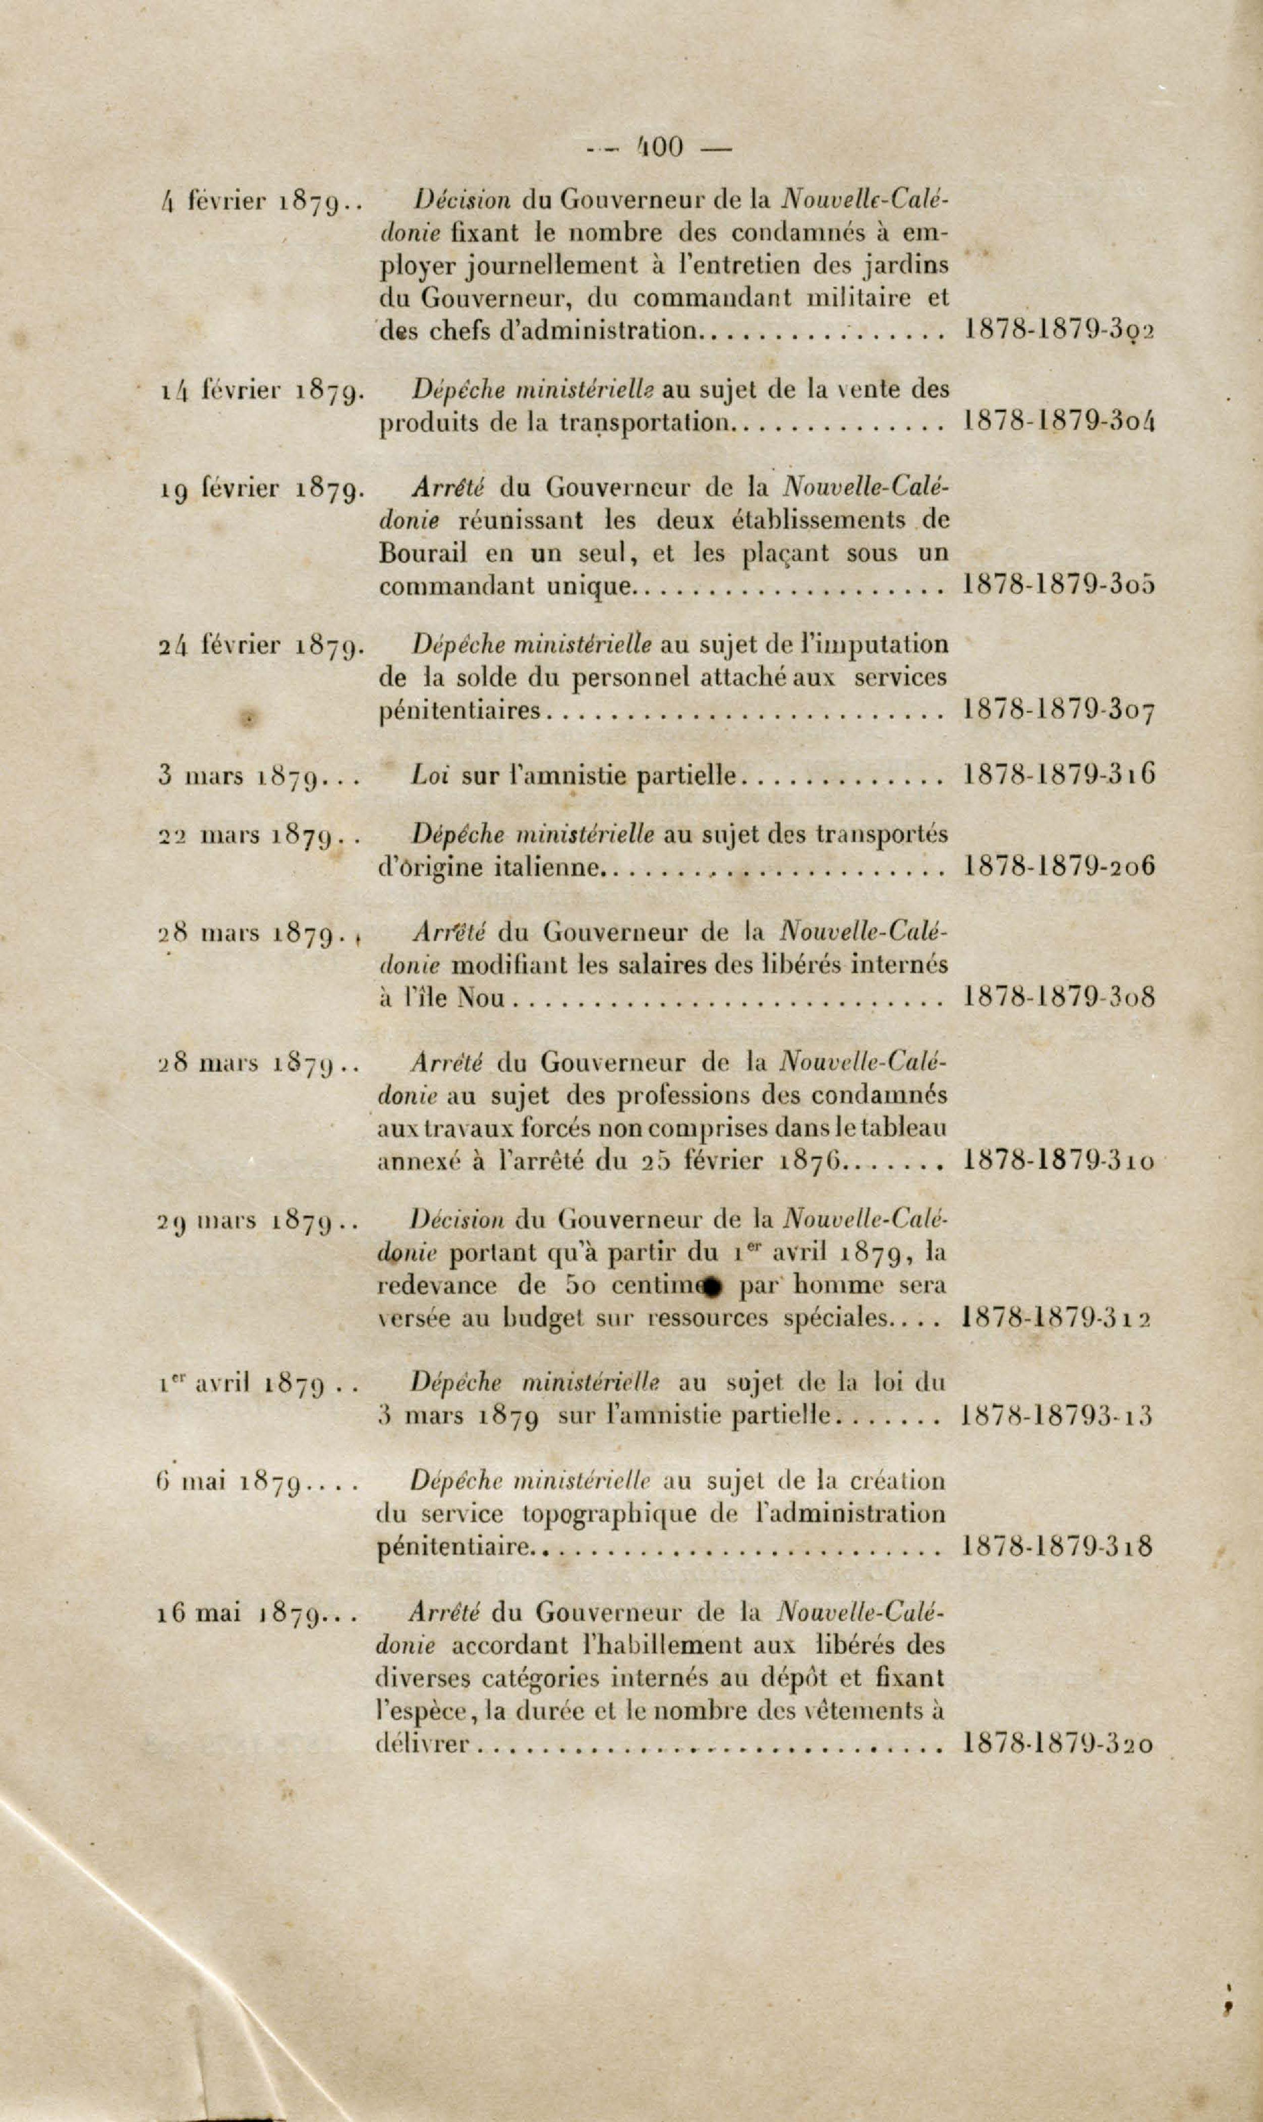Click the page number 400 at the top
point(660,147)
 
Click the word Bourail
point(422,554)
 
